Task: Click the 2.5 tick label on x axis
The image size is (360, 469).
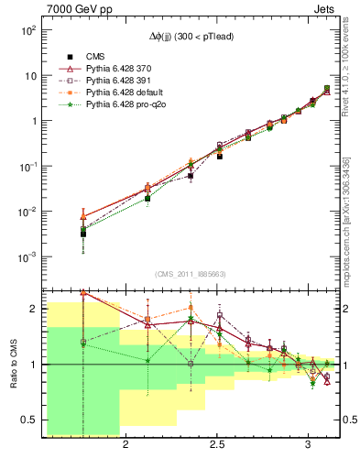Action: [x=217, y=444]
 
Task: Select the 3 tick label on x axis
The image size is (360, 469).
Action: [x=309, y=444]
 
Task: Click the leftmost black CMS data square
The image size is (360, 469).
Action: [x=83, y=234]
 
